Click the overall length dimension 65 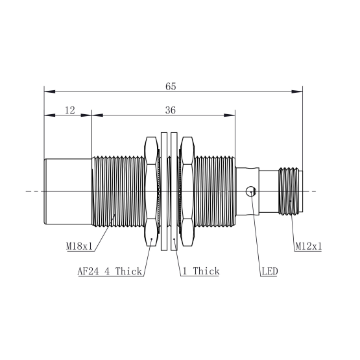pos(171,86)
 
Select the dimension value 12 pos(70,110)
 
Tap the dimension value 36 pos(171,110)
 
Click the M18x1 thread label pos(79,246)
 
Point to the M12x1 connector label pos(308,246)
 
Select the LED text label pos(270,271)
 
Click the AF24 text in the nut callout pos(88,271)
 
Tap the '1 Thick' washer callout pos(201,271)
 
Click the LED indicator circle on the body pos(251,191)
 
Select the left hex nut pos(152,191)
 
